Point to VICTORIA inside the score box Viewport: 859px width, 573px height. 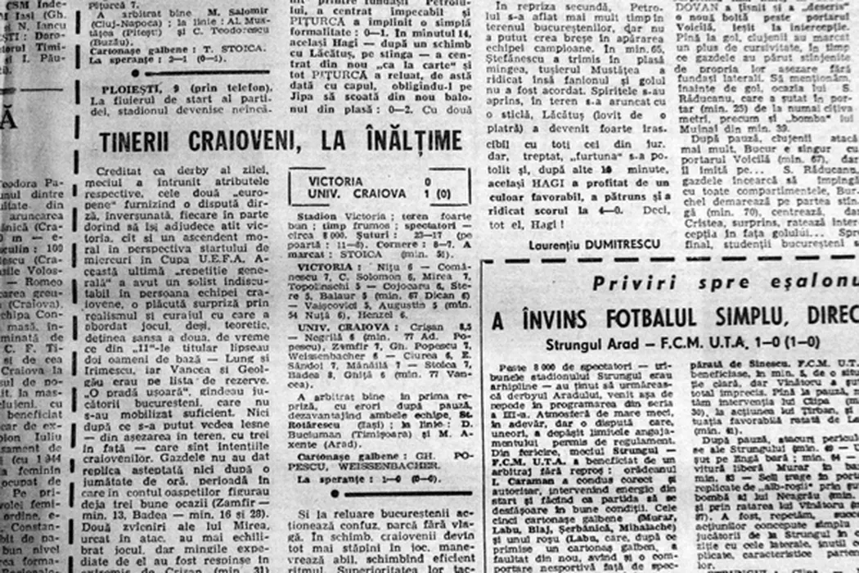[336, 180]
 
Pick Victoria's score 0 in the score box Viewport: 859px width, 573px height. [428, 180]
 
